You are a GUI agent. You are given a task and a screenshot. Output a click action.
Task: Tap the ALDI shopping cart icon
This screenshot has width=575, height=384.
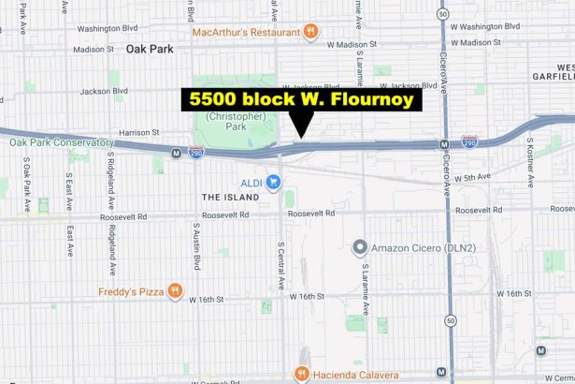[273, 181]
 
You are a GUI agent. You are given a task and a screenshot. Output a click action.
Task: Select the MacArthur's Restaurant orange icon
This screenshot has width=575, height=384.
[309, 32]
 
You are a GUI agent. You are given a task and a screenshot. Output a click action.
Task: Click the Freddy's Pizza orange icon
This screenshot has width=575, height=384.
[174, 291]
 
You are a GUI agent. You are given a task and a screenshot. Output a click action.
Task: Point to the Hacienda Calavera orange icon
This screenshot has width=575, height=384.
[301, 374]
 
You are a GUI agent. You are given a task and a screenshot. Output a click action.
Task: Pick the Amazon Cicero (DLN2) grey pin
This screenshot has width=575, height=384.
[359, 247]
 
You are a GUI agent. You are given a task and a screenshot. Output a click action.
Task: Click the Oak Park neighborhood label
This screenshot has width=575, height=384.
[150, 49]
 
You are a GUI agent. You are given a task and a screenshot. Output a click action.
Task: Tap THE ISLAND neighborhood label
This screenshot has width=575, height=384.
[223, 198]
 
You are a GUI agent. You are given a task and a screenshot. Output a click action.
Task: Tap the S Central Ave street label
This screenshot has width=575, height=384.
[280, 261]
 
